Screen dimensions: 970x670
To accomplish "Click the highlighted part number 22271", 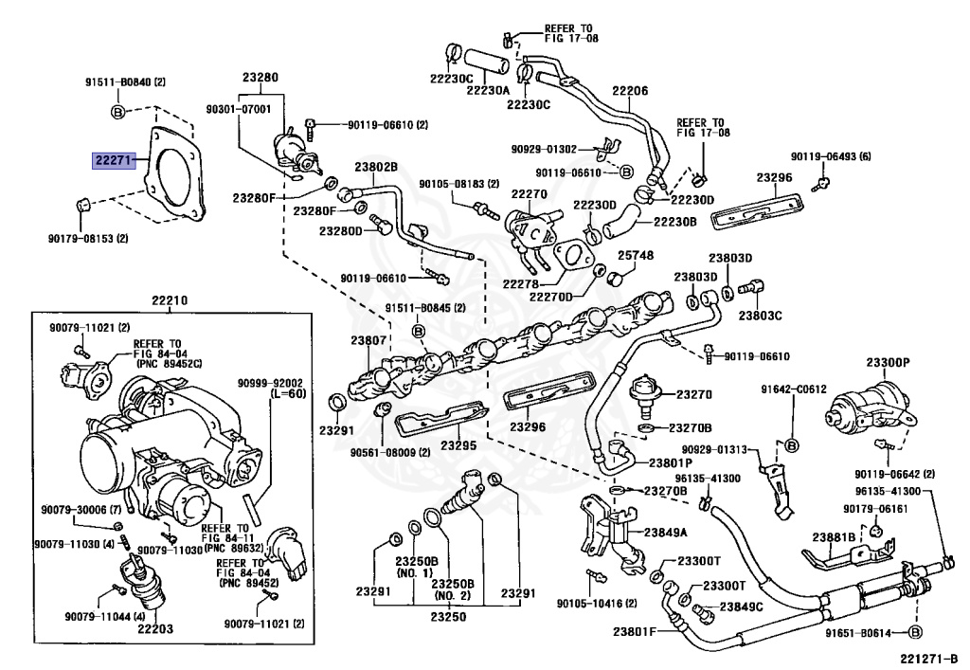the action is click(114, 161).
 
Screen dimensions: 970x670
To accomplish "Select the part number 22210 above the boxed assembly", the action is click(170, 301).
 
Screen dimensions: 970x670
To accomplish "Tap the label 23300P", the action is click(888, 363).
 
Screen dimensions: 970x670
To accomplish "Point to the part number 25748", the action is click(636, 256).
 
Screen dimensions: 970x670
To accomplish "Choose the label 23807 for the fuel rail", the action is click(368, 340).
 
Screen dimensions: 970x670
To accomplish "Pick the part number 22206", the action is click(630, 91).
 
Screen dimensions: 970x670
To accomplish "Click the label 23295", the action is click(458, 444).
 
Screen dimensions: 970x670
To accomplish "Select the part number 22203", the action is click(155, 629).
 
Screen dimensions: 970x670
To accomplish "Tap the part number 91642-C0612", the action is click(794, 389).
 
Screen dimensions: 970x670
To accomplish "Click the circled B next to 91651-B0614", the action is click(916, 632).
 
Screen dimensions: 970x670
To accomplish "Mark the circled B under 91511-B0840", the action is click(117, 112).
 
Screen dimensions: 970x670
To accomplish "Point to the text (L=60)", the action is click(287, 393).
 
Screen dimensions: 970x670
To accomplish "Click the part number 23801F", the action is click(634, 632).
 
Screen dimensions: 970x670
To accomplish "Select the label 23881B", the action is click(834, 537).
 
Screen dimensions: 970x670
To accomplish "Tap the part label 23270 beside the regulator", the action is click(694, 394).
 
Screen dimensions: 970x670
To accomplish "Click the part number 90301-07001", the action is click(238, 110).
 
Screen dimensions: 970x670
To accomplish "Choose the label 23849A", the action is click(666, 532).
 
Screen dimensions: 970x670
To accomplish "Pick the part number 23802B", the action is click(376, 167).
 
